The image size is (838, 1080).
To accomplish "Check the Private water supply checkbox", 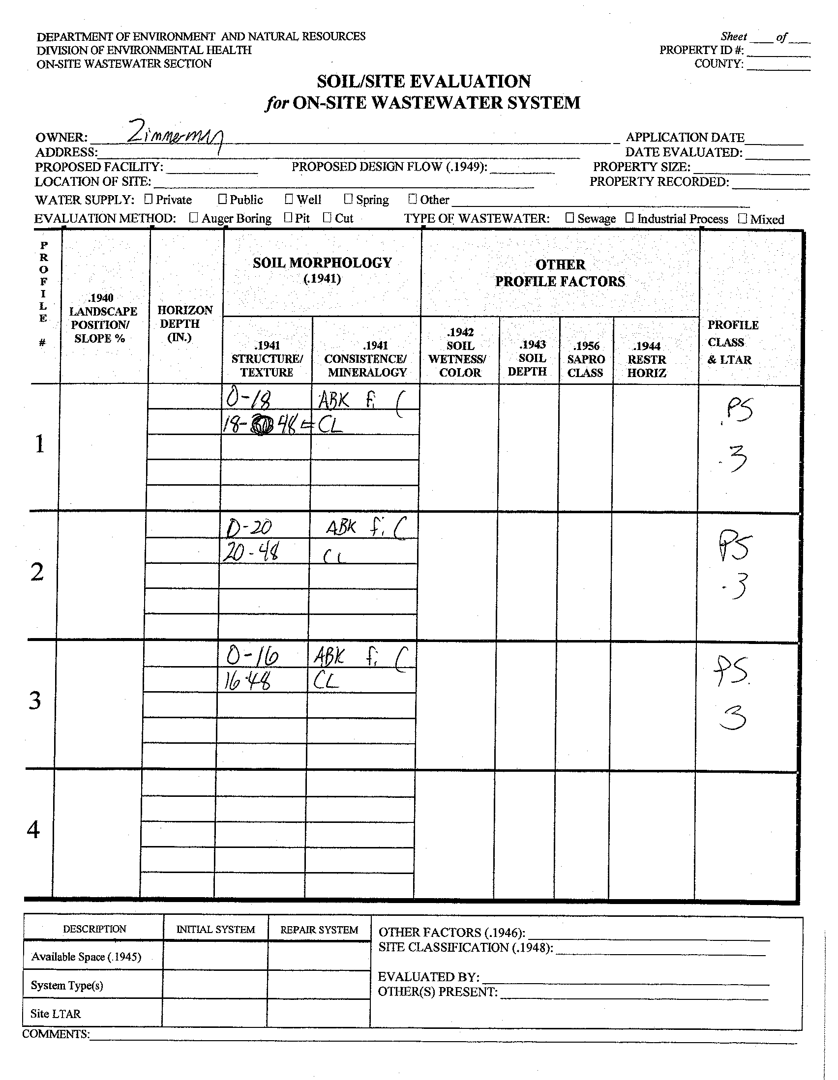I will point(149,199).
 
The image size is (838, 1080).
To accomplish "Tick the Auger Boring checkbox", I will point(194,218).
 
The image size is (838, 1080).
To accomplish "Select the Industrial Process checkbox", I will point(630,218).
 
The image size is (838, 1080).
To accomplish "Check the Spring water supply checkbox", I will point(348,199).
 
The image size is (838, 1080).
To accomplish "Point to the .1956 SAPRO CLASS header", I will point(586,359).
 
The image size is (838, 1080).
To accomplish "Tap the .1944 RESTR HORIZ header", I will point(647,359).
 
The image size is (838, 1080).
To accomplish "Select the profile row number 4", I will point(33,829).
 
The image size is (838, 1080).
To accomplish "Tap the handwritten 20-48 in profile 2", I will point(250,552).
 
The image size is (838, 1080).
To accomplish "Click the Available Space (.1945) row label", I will point(86,957).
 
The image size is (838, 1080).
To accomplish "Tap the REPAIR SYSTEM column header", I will point(319,930).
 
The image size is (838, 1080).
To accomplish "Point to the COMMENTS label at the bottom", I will point(56,1034).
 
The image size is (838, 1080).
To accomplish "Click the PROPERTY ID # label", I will point(701,50).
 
